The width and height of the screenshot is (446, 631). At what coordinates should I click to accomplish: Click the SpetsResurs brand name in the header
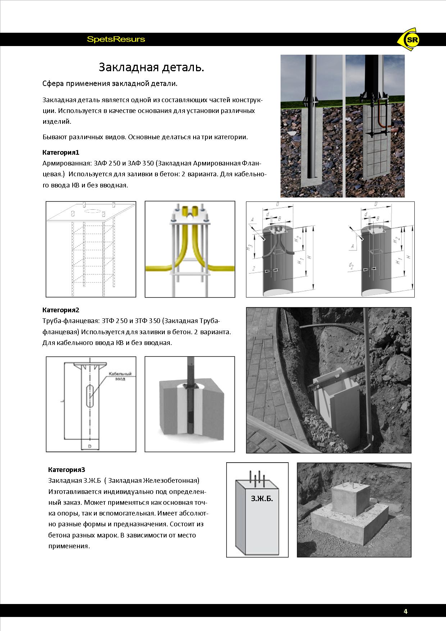116,39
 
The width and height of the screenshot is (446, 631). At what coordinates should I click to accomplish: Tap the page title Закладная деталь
151,67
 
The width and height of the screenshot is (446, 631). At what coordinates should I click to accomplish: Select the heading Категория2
61,310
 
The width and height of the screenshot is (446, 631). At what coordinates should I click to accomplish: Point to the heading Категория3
67,469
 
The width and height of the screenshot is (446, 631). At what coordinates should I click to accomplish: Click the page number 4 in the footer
406,611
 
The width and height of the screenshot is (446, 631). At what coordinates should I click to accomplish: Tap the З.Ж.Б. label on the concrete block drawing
262,499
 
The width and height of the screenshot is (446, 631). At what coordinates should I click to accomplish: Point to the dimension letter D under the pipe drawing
90,446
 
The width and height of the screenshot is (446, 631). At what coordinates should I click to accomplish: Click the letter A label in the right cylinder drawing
353,247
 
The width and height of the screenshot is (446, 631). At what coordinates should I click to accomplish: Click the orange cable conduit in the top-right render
381,115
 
